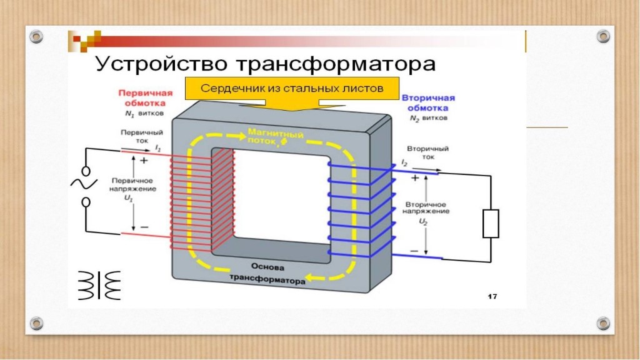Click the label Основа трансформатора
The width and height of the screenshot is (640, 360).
pos(267,272)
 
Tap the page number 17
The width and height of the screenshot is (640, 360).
pos(492,296)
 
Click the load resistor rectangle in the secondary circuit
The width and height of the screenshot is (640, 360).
pos(491,224)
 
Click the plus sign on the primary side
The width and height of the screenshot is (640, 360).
pos(144,160)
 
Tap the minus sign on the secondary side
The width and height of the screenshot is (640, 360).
pos(414,251)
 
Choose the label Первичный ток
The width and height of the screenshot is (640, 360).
pos(134,137)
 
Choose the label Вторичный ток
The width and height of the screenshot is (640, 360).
pos(425,153)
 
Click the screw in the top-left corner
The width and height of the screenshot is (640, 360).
pos(37,36)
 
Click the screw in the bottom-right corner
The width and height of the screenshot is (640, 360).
pos(603,323)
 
